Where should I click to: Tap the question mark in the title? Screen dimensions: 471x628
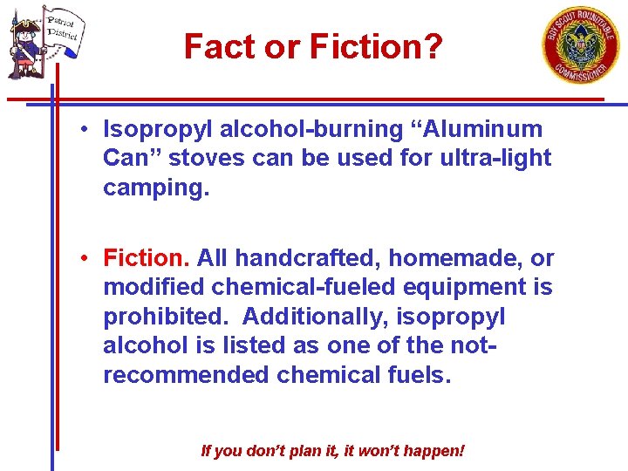433,46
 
